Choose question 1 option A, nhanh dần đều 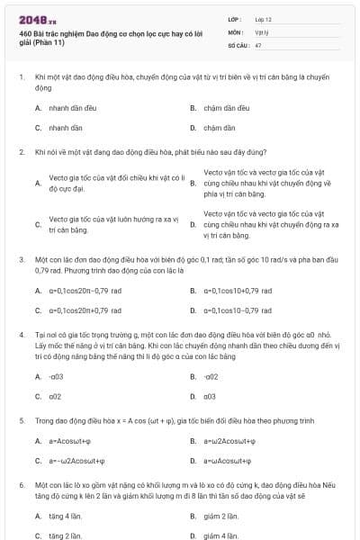click(64, 107)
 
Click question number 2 click(21, 151)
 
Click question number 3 click(21, 259)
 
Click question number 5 click(21, 419)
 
